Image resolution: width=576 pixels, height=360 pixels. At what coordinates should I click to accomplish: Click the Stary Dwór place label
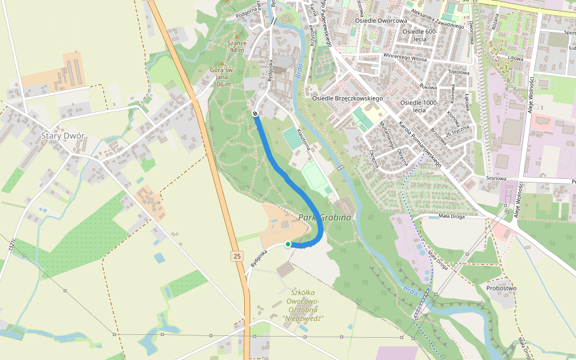[62, 136]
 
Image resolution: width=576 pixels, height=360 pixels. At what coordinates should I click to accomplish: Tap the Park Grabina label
[325, 217]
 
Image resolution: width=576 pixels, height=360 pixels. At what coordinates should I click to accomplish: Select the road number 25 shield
[237, 256]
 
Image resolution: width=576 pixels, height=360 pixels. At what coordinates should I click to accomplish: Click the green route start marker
[288, 244]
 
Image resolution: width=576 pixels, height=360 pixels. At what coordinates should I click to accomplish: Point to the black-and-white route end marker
[256, 113]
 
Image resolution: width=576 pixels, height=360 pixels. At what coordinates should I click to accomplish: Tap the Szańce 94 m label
[236, 47]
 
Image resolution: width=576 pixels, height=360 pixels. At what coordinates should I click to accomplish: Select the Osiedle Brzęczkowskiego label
[347, 98]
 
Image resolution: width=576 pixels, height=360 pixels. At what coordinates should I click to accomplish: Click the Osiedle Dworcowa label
[381, 20]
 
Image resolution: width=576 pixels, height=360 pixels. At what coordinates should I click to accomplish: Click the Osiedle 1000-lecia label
[420, 106]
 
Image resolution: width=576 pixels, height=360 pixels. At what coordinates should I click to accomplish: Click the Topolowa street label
[458, 71]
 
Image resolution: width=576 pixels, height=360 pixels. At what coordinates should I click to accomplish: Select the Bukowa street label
[428, 87]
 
